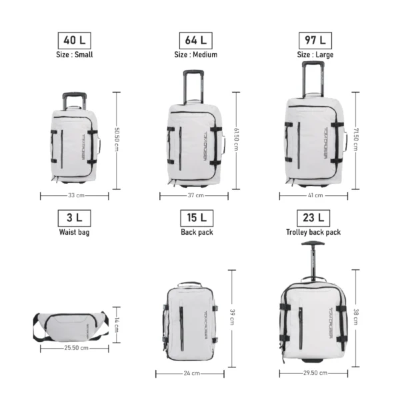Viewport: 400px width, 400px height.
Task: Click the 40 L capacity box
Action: pyautogui.click(x=74, y=40)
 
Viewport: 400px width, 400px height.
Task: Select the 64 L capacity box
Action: pyautogui.click(x=195, y=40)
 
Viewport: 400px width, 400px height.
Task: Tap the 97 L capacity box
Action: pyautogui.click(x=315, y=40)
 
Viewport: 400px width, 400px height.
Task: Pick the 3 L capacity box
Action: pyautogui.click(x=74, y=218)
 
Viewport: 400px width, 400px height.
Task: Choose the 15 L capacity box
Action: pyautogui.click(x=197, y=218)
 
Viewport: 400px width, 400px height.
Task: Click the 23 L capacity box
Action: pyautogui.click(x=313, y=218)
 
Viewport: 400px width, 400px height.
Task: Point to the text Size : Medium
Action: pyautogui.click(x=195, y=55)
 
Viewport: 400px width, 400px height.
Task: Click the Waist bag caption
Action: pyautogui.click(x=74, y=232)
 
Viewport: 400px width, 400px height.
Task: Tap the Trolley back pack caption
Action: pyautogui.click(x=313, y=232)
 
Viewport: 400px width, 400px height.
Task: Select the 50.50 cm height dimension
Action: pyautogui.click(x=117, y=141)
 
